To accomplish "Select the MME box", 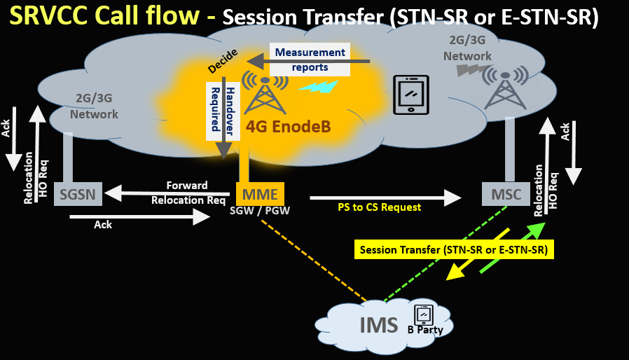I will [x=260, y=194].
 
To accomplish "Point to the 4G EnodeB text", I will [x=287, y=127].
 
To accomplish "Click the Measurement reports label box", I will [x=310, y=60].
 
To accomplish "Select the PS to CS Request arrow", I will [x=385, y=198].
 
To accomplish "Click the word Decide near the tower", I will [x=223, y=62].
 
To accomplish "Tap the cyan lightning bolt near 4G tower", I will [x=318, y=87].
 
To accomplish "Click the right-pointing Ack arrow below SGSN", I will [x=139, y=217].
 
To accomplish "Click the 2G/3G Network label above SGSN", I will [x=94, y=108].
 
